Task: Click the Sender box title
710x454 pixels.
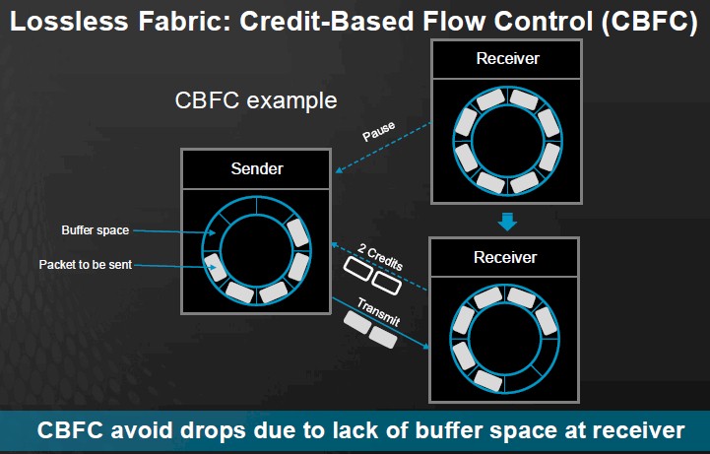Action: (x=257, y=168)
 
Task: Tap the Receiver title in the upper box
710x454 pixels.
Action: (x=507, y=58)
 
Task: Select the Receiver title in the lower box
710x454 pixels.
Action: (x=505, y=257)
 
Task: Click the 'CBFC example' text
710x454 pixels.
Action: (x=256, y=100)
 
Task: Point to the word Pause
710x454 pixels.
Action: (x=378, y=131)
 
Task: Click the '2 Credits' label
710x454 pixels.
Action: (x=380, y=257)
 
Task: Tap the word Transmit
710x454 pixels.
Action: (x=378, y=312)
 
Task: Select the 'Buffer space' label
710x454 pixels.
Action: (x=96, y=230)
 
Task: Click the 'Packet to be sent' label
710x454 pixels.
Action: (x=85, y=264)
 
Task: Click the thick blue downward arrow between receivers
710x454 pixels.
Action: (x=507, y=222)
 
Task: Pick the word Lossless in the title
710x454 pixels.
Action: (x=69, y=21)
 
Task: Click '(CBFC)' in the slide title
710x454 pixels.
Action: (x=650, y=22)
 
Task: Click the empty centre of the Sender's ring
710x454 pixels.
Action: (x=256, y=250)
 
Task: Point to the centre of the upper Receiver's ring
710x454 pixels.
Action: (x=507, y=141)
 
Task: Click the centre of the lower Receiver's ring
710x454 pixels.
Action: (x=505, y=339)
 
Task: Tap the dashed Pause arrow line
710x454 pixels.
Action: (x=383, y=147)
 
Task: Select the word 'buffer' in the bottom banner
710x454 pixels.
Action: (x=449, y=430)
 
